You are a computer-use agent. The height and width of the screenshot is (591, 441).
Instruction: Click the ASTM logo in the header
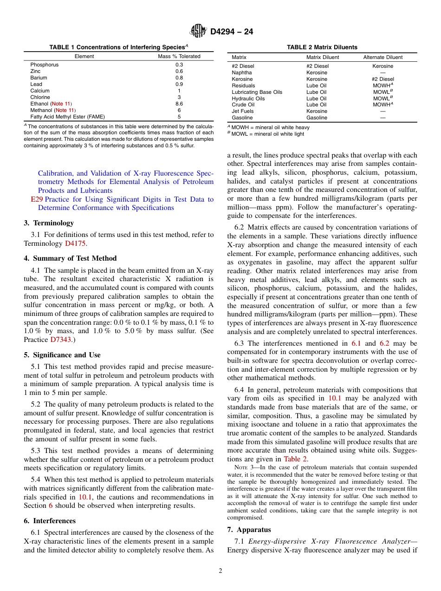tap(198, 32)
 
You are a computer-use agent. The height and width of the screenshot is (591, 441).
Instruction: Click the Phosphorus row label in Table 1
tap(45, 65)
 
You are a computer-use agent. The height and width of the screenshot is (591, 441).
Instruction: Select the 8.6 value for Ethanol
tap(179, 104)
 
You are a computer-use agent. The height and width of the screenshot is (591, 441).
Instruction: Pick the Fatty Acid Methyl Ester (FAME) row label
tap(67, 117)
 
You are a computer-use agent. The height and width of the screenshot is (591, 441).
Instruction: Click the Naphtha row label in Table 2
tap(242, 72)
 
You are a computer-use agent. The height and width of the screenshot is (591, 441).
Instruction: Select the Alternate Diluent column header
tap(383, 57)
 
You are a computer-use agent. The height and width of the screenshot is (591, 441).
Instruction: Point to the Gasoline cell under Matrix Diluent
tap(317, 118)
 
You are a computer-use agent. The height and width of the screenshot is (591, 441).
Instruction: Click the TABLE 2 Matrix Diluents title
tap(322, 47)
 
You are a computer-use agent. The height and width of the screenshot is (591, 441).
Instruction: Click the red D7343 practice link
tap(61, 340)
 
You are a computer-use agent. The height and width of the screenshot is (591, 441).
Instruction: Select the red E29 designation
tap(37, 199)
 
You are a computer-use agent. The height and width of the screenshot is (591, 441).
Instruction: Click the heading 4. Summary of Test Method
tap(70, 258)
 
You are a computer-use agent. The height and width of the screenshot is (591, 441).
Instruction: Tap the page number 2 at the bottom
tap(220, 571)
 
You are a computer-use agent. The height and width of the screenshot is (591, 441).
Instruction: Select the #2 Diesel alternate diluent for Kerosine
tap(383, 79)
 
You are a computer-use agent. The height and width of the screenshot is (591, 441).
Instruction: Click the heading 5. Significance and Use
tap(62, 355)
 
